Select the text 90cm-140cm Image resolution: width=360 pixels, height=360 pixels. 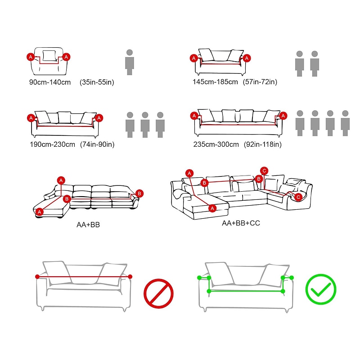(x=50, y=82)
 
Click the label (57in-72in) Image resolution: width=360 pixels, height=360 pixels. (x=260, y=82)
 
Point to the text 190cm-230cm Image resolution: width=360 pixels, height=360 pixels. (x=52, y=144)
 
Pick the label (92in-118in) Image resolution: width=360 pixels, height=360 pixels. (x=262, y=144)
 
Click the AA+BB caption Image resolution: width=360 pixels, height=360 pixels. (x=88, y=225)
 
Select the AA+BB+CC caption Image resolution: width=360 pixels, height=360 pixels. (x=241, y=223)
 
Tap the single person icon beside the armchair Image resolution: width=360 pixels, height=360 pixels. (x=130, y=62)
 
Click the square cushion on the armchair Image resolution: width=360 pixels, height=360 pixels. (x=49, y=55)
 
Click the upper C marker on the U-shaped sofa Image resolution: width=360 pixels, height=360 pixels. (x=264, y=171)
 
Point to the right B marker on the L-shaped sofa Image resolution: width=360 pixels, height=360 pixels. (x=139, y=193)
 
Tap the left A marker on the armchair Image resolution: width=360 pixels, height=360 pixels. (x=31, y=57)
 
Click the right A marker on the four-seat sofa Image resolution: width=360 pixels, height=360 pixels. (x=283, y=116)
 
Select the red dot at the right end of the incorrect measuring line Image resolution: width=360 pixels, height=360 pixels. (x=130, y=277)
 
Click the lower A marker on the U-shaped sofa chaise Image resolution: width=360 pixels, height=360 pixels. (x=212, y=208)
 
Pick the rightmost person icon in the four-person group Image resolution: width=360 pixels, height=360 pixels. (x=345, y=123)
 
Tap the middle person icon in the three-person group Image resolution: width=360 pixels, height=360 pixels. (x=145, y=125)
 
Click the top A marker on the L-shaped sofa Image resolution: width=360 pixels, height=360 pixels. (x=61, y=180)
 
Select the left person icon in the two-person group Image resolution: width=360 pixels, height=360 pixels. (x=299, y=63)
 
